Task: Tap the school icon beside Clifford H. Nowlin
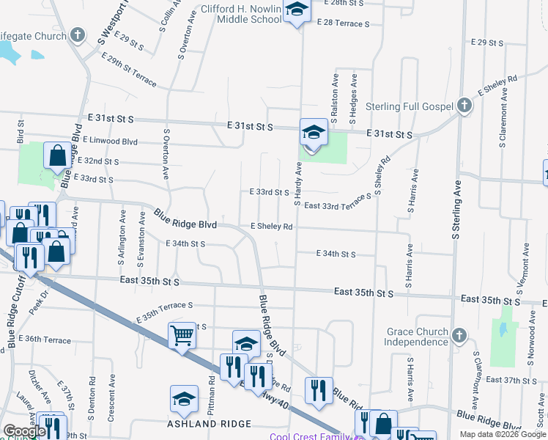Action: (x=297, y=10)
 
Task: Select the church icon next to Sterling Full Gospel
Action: (x=463, y=106)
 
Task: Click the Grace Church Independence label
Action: (x=417, y=337)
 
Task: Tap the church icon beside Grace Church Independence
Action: (x=459, y=336)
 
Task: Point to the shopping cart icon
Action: (x=182, y=336)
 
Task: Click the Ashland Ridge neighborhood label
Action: (x=210, y=424)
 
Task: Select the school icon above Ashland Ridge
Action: (x=184, y=398)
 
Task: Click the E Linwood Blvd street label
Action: (x=111, y=139)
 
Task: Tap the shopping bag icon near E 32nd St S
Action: (x=57, y=155)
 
